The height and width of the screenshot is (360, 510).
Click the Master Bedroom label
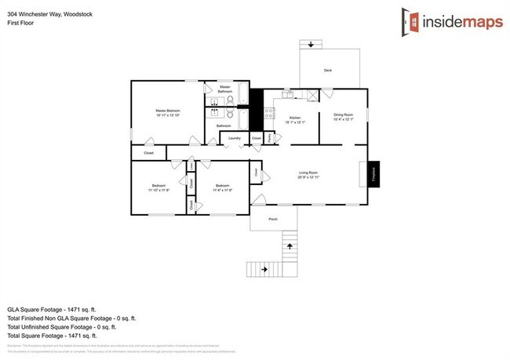167,112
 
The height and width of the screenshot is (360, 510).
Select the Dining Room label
344,116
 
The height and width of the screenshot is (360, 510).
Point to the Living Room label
308,175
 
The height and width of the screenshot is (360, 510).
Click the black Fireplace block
374,173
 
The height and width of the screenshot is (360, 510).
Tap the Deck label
328,71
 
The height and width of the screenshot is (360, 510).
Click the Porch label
273,219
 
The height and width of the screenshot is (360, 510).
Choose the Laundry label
233,138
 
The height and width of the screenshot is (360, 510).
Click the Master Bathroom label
225,89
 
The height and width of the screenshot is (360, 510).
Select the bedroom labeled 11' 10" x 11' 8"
158,187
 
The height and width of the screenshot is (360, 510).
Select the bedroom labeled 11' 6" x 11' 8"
223,187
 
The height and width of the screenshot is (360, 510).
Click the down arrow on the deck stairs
312,45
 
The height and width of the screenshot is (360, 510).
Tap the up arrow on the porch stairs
290,245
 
